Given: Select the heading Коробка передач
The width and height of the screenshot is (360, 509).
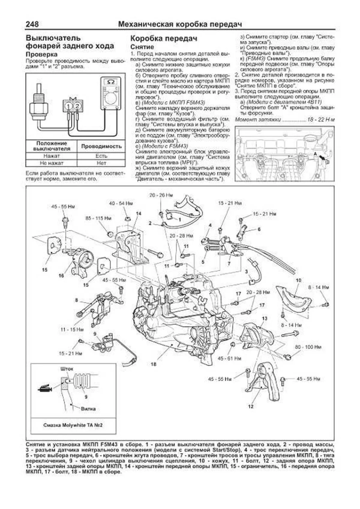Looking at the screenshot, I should (163, 38).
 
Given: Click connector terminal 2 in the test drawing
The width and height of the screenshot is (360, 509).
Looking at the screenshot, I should (77, 106).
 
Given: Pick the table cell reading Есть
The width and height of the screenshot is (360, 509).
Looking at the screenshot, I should (101, 156).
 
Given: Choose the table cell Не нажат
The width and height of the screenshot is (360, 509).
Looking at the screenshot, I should (52, 163).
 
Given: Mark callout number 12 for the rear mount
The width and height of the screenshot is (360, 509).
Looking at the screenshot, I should (251, 406).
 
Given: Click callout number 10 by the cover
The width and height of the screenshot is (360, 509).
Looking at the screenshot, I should (298, 280).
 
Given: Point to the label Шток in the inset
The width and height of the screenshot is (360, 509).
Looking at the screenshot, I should (67, 369).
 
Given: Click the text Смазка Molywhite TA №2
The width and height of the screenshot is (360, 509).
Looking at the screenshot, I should (73, 425).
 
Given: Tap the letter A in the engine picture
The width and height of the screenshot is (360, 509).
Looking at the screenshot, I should (315, 153).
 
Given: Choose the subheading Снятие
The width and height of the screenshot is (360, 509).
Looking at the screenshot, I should (142, 47).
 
